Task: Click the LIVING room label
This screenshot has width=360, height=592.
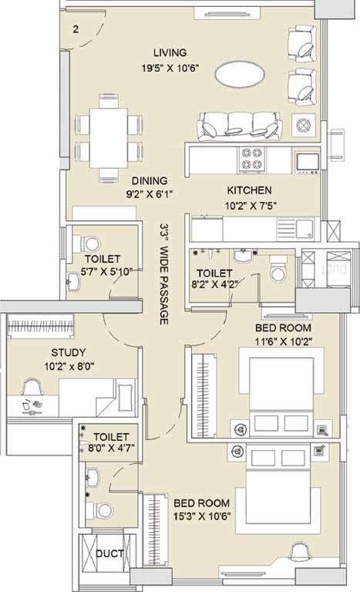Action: (170, 52)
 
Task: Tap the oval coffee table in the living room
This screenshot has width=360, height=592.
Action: (240, 74)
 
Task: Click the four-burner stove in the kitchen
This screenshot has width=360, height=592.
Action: (251, 159)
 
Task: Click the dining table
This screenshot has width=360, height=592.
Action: (109, 138)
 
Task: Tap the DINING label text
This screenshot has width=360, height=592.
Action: (150, 181)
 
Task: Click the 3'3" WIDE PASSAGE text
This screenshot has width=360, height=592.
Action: (164, 274)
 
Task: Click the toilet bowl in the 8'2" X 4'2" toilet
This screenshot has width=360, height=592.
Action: (278, 269)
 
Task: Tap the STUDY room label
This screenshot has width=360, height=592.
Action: (69, 352)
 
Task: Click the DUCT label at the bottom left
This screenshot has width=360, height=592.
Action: (109, 554)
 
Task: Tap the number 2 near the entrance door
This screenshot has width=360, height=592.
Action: (76, 29)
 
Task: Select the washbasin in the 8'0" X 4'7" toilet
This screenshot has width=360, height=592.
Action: (93, 479)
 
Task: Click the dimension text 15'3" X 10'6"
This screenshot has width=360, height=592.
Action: (202, 516)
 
